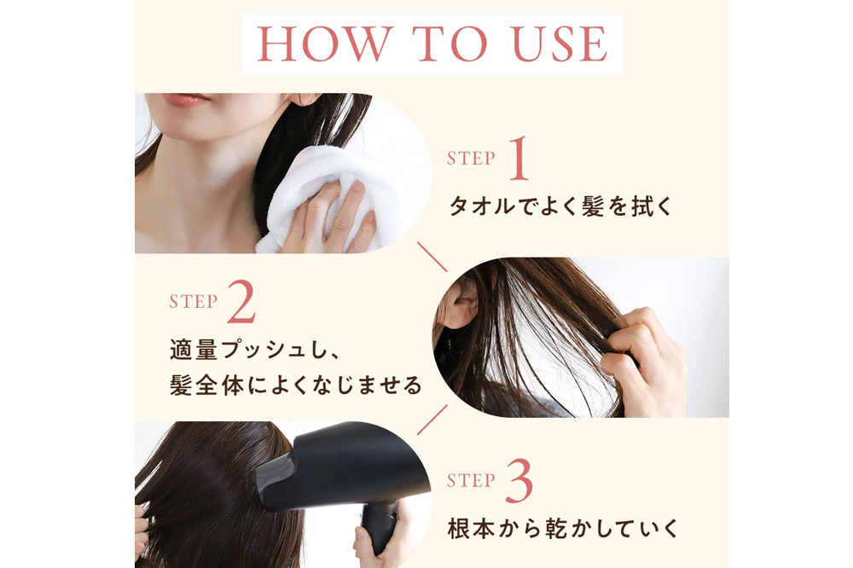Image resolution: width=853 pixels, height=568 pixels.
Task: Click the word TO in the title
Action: (450, 43)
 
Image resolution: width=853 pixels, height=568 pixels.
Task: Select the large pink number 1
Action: (519, 159)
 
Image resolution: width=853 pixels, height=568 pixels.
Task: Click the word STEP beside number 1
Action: (471, 159)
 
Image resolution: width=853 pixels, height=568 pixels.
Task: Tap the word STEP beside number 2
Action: (193, 301)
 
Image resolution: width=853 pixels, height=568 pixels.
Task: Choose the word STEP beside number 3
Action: (471, 480)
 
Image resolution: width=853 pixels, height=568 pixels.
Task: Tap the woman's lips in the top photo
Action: (185, 99)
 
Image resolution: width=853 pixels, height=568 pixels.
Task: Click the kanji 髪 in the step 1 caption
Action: (593, 206)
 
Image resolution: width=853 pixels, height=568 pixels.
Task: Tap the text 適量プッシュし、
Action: (255, 350)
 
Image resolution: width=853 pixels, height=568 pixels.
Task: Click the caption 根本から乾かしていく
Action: (563, 529)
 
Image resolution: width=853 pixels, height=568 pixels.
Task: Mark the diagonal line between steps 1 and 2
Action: (432, 257)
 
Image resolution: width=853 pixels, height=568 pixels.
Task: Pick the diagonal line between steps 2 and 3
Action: (432, 420)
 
